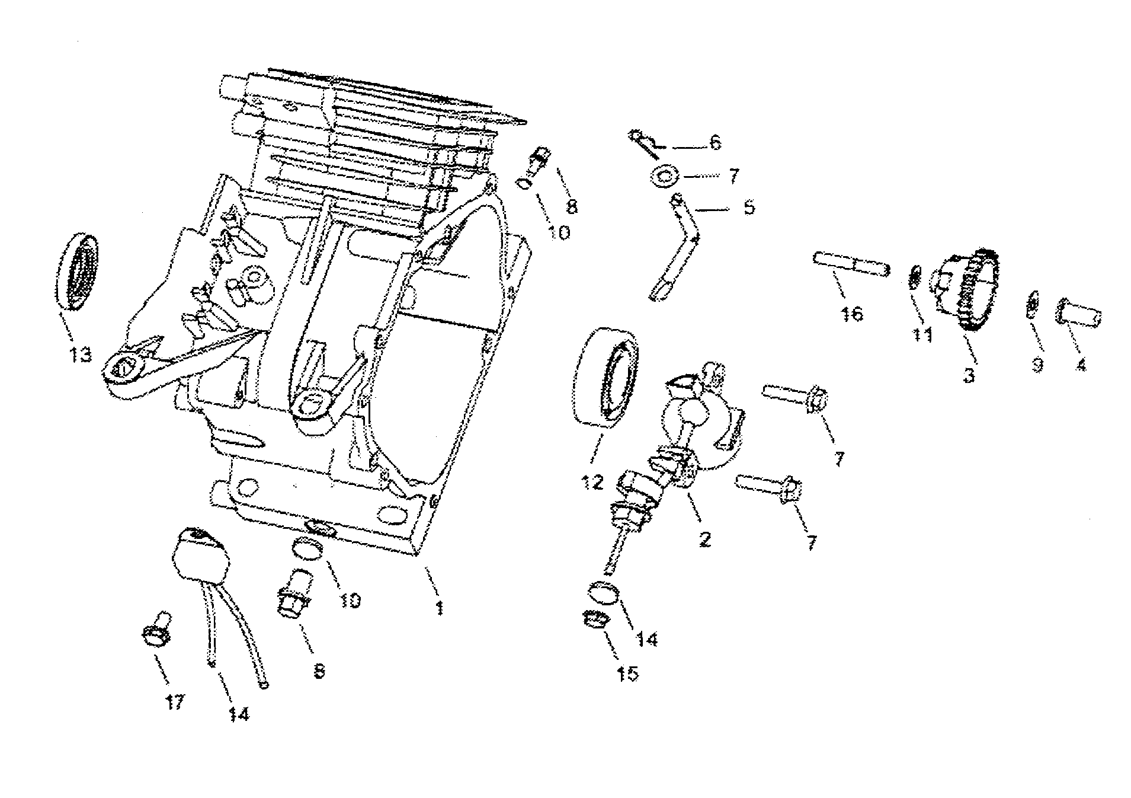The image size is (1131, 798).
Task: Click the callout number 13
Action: (81, 355)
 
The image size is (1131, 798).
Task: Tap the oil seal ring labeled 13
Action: (78, 272)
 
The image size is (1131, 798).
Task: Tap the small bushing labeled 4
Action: (1079, 312)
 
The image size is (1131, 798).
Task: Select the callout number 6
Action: (715, 143)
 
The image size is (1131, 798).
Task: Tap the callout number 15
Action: (627, 673)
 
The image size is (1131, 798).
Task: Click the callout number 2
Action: (704, 539)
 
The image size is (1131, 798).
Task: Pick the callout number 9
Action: (1037, 365)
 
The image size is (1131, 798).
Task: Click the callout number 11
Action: (922, 336)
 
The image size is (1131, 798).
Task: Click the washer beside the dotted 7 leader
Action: (663, 176)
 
